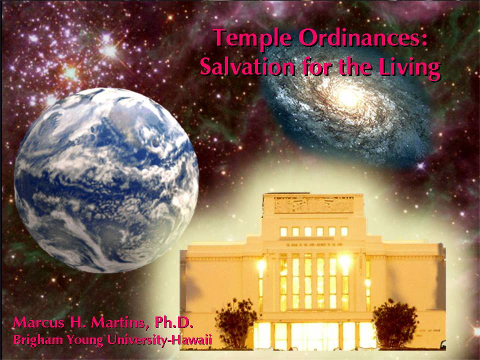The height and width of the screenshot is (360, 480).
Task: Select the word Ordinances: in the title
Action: tap(363, 37)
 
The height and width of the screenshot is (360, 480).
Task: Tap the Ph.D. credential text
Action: tap(174, 322)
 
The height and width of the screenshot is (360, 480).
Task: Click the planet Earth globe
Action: tap(106, 180)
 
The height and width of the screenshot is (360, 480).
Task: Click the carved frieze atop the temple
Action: tap(314, 205)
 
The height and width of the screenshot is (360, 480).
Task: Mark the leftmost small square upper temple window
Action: tap(283, 231)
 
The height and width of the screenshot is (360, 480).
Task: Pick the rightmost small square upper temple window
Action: tap(344, 231)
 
